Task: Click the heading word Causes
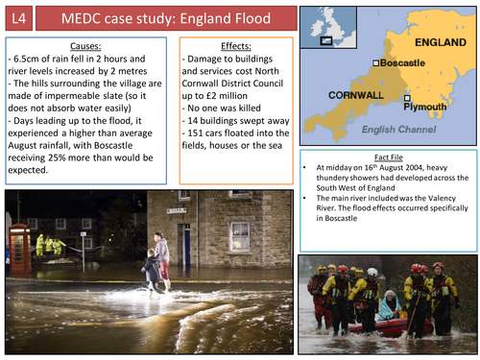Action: [x=87, y=45]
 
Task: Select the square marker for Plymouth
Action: [x=407, y=98]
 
